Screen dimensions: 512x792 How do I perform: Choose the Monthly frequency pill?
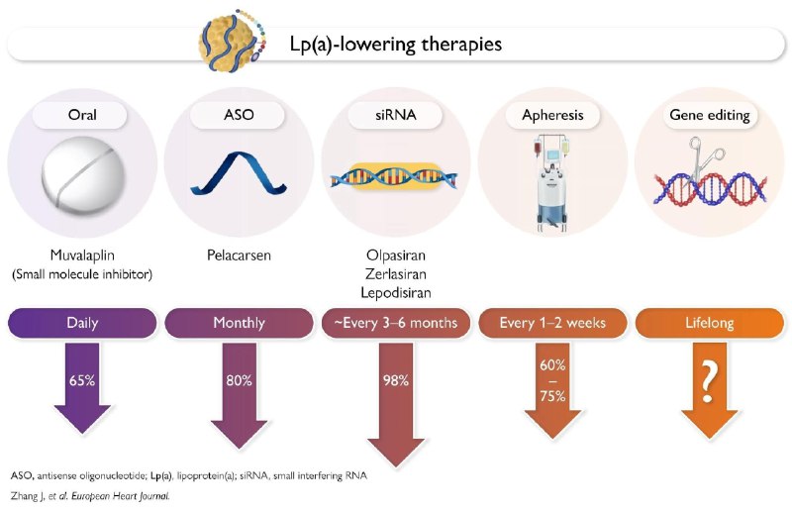[x=239, y=323]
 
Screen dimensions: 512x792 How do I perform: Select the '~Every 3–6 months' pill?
[x=396, y=323]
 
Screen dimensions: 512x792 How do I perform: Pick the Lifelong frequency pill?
[x=709, y=323]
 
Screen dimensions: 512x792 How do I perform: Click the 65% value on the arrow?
[x=82, y=379]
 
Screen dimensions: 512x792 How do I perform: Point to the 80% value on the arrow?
[x=239, y=379]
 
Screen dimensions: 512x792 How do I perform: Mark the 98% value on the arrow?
[x=396, y=380]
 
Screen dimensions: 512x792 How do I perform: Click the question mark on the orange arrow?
[x=709, y=380]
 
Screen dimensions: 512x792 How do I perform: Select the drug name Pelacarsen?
[x=239, y=256]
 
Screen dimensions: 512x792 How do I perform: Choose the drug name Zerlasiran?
[x=396, y=275]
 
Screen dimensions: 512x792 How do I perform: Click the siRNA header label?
[x=396, y=115]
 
